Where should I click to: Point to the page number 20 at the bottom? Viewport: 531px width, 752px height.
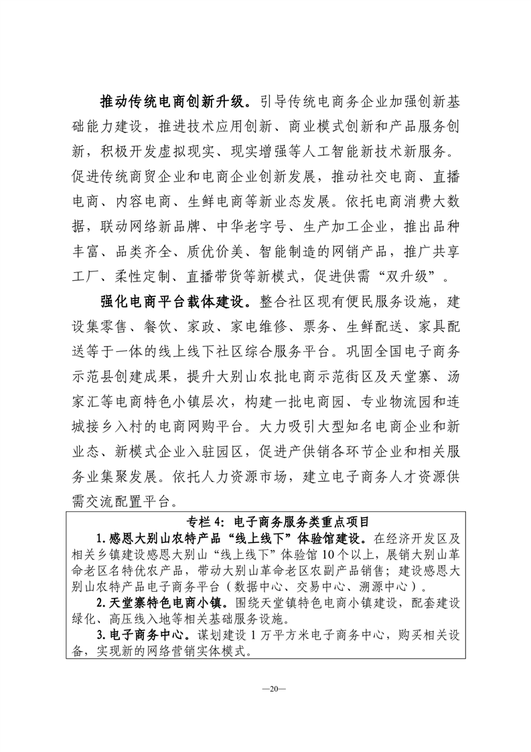point(266,688)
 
